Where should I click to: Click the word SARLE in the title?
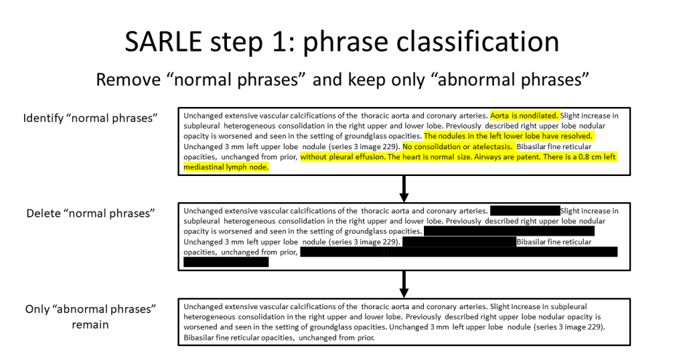(x=163, y=42)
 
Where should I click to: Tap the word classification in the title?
(x=477, y=42)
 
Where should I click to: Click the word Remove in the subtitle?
(x=129, y=80)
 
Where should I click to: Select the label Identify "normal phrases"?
(x=90, y=118)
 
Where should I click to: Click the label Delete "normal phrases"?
(x=90, y=213)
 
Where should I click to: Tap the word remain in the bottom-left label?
(x=90, y=325)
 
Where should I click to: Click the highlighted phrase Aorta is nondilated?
(x=524, y=116)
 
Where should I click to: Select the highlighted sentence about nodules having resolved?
(x=508, y=136)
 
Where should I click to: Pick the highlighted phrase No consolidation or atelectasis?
(x=457, y=147)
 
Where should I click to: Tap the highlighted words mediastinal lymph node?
(x=226, y=167)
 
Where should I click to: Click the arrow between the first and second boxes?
(x=404, y=189)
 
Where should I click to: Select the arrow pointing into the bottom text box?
(x=404, y=284)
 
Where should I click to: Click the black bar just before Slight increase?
(x=525, y=211)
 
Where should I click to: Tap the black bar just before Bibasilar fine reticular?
(x=459, y=242)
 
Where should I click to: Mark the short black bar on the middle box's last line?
(x=226, y=262)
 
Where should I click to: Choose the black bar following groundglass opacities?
(x=509, y=232)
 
